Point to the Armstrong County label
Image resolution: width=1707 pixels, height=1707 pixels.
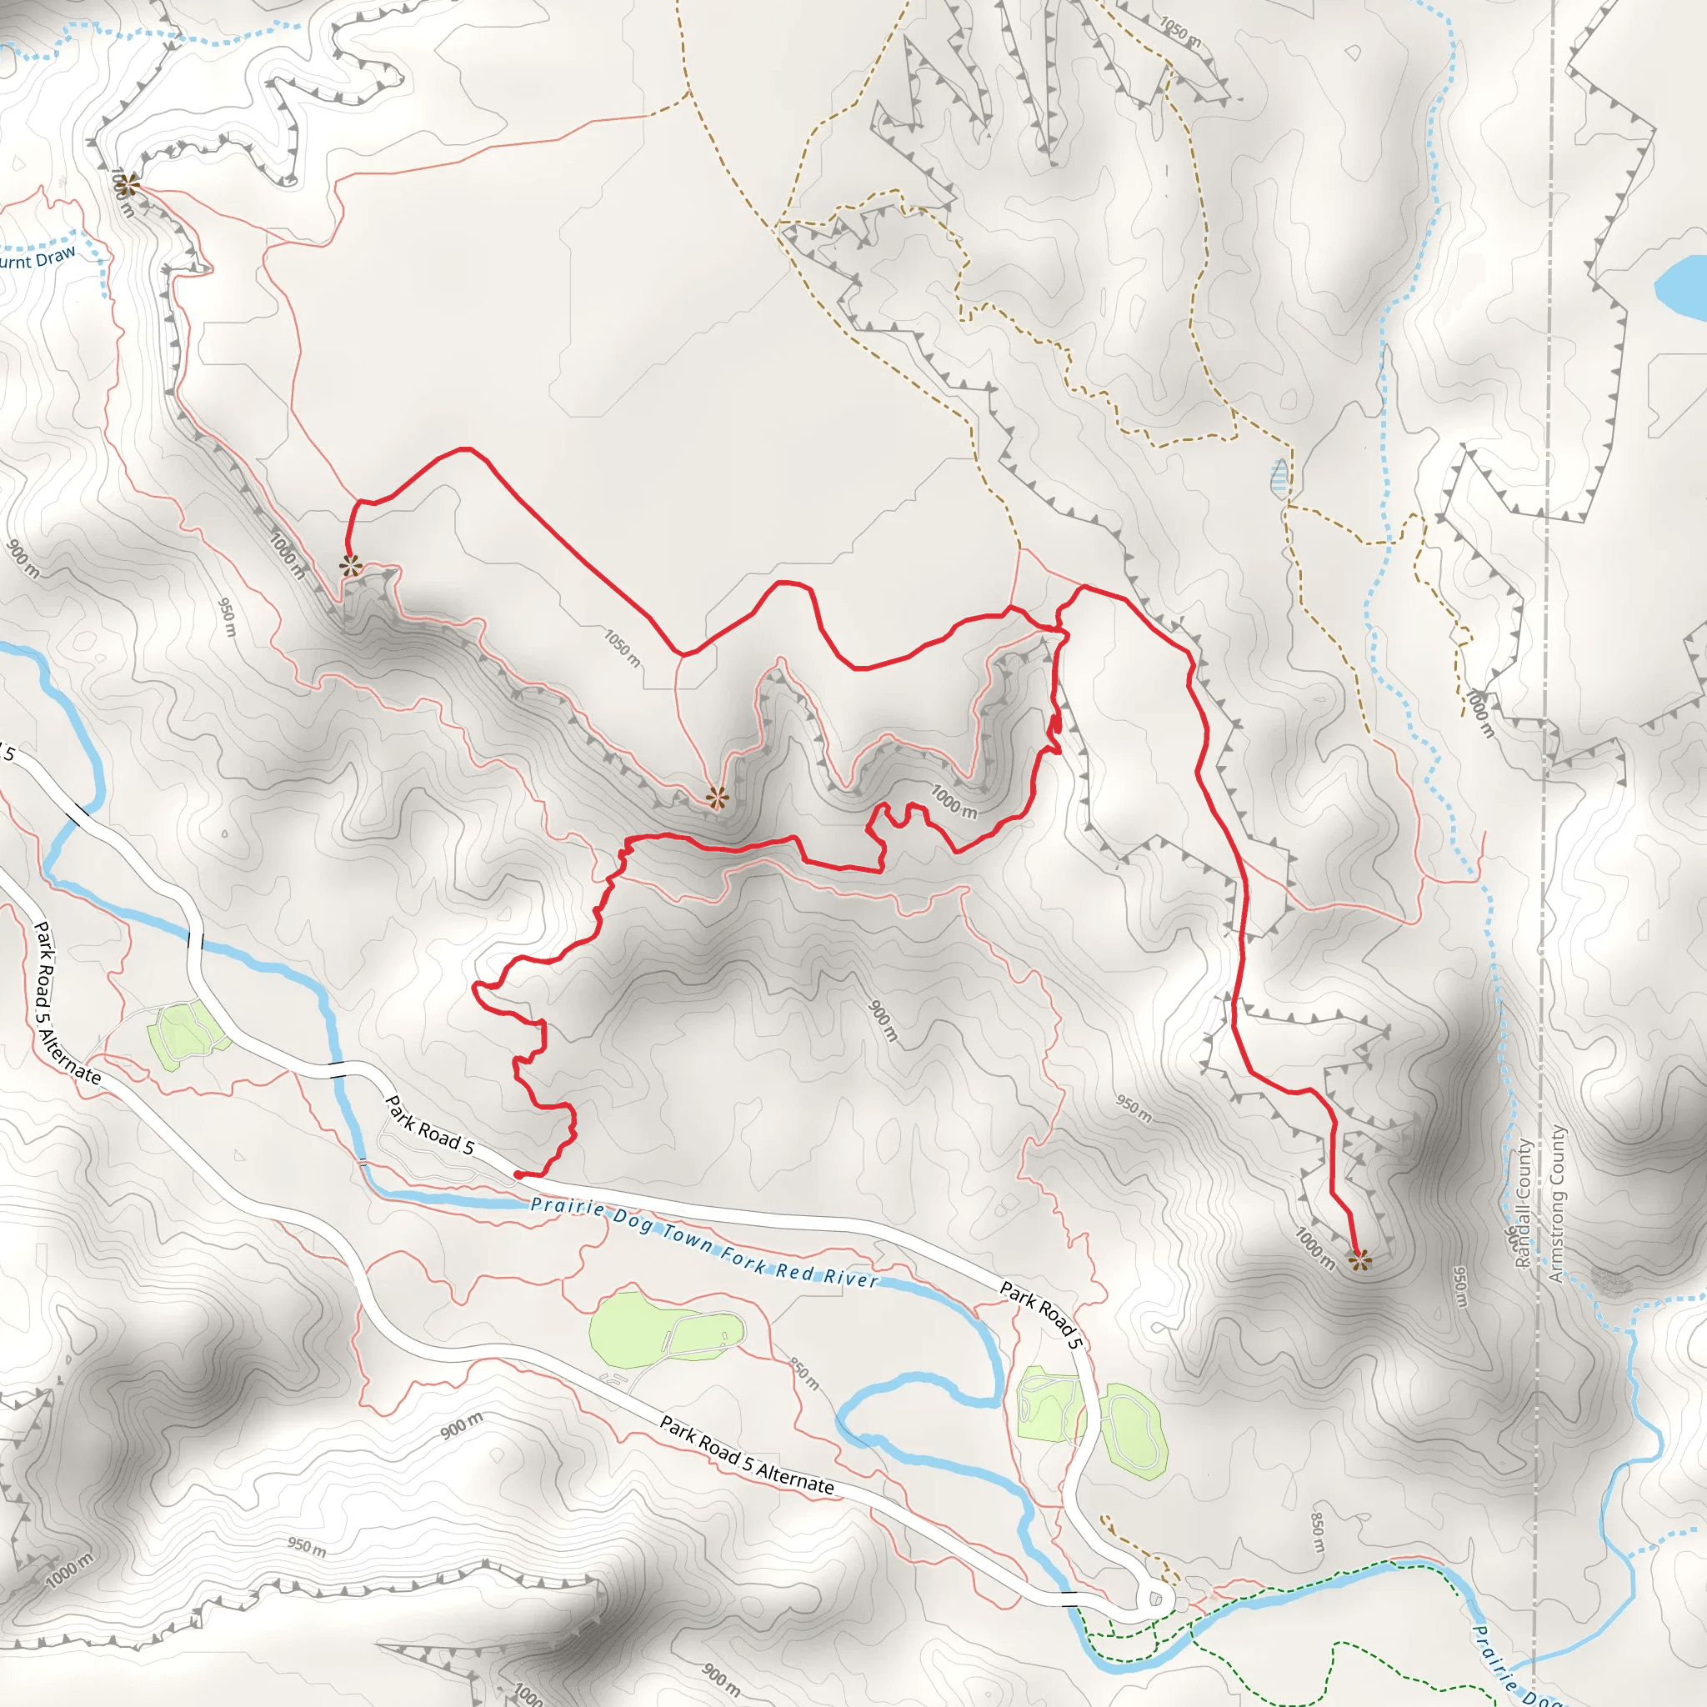point(1556,1204)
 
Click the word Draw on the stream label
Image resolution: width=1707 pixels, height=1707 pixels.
point(56,256)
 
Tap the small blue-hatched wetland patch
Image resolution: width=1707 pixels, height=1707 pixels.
point(1279,477)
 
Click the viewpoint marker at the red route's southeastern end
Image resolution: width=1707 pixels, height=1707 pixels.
point(1359,1260)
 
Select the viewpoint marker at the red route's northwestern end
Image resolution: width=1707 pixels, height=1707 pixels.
point(351,566)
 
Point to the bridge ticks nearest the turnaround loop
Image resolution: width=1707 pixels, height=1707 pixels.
point(1069,1598)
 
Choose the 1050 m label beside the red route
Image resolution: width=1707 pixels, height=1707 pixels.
point(623,648)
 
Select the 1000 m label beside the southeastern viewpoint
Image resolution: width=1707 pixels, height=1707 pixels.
point(1314,1248)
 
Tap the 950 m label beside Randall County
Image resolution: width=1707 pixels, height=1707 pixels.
point(1460,1287)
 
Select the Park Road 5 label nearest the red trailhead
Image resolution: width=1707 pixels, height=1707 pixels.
point(430,1125)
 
